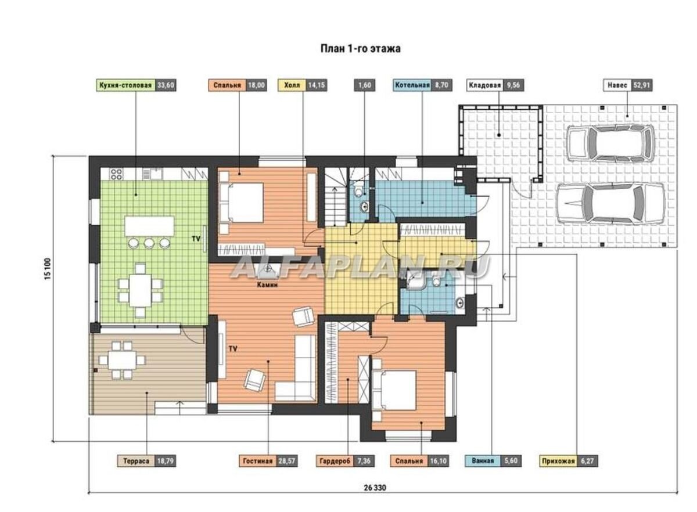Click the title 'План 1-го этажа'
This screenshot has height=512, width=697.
(360, 49)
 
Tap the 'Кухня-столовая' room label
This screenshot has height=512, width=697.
(125, 85)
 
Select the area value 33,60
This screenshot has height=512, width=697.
(166, 85)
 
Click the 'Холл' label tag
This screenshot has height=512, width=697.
(292, 85)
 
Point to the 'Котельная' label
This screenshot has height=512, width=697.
(412, 85)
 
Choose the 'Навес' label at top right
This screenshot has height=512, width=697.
(617, 85)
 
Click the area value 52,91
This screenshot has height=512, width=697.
(642, 85)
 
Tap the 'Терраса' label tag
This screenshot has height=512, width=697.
(136, 461)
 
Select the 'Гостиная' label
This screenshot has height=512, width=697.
(258, 461)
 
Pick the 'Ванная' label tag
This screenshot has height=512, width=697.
(483, 461)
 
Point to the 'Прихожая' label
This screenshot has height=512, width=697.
(558, 461)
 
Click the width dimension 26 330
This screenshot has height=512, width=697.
(375, 488)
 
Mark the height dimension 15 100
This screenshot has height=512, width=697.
(48, 269)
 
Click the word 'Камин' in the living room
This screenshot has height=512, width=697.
(267, 284)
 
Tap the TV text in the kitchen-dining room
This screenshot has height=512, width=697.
(196, 239)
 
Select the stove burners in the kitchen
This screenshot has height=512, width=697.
(116, 174)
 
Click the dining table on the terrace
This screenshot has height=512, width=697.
(122, 360)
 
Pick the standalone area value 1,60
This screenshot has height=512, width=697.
(365, 85)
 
